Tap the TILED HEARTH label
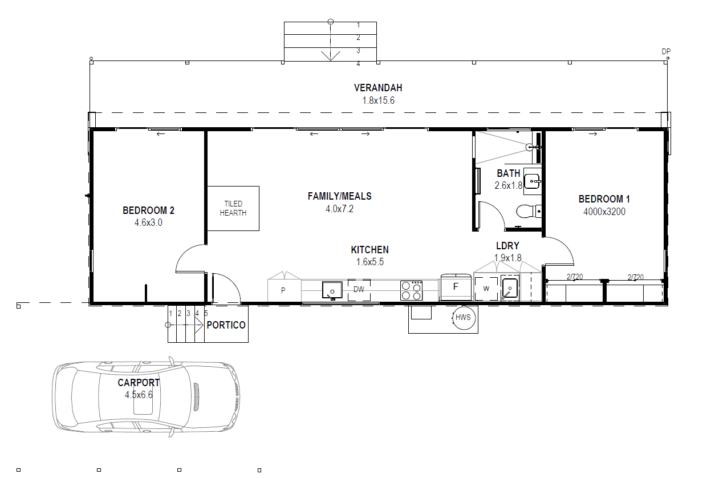(233, 208)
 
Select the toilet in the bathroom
(529, 211)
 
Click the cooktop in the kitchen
(412, 290)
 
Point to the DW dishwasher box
(359, 290)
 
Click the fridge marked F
(456, 287)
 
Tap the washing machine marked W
(486, 289)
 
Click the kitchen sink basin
(332, 290)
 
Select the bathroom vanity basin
(533, 181)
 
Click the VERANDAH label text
(378, 88)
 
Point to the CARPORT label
(139, 383)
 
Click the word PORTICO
(226, 325)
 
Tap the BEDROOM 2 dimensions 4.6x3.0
(148, 222)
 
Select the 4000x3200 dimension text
(604, 212)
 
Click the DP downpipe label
(666, 51)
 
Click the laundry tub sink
(510, 288)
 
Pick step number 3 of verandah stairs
(359, 50)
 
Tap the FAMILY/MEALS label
(340, 196)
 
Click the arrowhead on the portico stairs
(199, 325)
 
